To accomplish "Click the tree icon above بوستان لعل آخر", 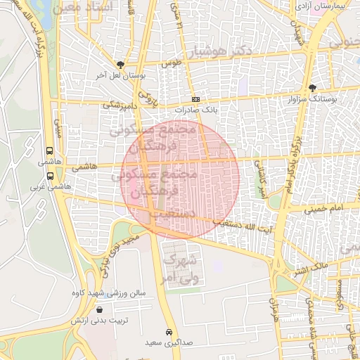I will point(120,64).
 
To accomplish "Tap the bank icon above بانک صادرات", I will point(195,100).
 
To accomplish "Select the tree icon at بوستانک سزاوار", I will point(312,88).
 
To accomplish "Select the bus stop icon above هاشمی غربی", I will point(49,176).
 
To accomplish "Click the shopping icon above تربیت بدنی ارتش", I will point(98,309).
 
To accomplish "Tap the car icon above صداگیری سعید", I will point(169,332).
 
